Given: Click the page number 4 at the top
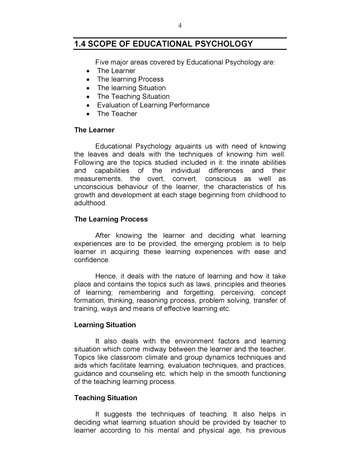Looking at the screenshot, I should (x=180, y=25).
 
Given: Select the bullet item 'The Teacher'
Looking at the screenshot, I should (x=117, y=114).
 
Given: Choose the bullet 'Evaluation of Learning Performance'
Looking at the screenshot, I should (x=153, y=105).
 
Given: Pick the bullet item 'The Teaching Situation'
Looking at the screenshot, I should (x=133, y=96).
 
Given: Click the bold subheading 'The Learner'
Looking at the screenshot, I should (x=94, y=130).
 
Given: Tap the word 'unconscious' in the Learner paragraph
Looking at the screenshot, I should (x=94, y=187).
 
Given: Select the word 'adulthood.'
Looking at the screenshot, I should (x=90, y=203).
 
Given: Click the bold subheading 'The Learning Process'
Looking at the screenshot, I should (x=111, y=219).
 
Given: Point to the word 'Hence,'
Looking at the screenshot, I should (x=106, y=276).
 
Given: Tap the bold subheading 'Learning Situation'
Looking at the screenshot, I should (x=105, y=325).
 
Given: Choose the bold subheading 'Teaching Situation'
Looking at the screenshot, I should (x=106, y=398).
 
